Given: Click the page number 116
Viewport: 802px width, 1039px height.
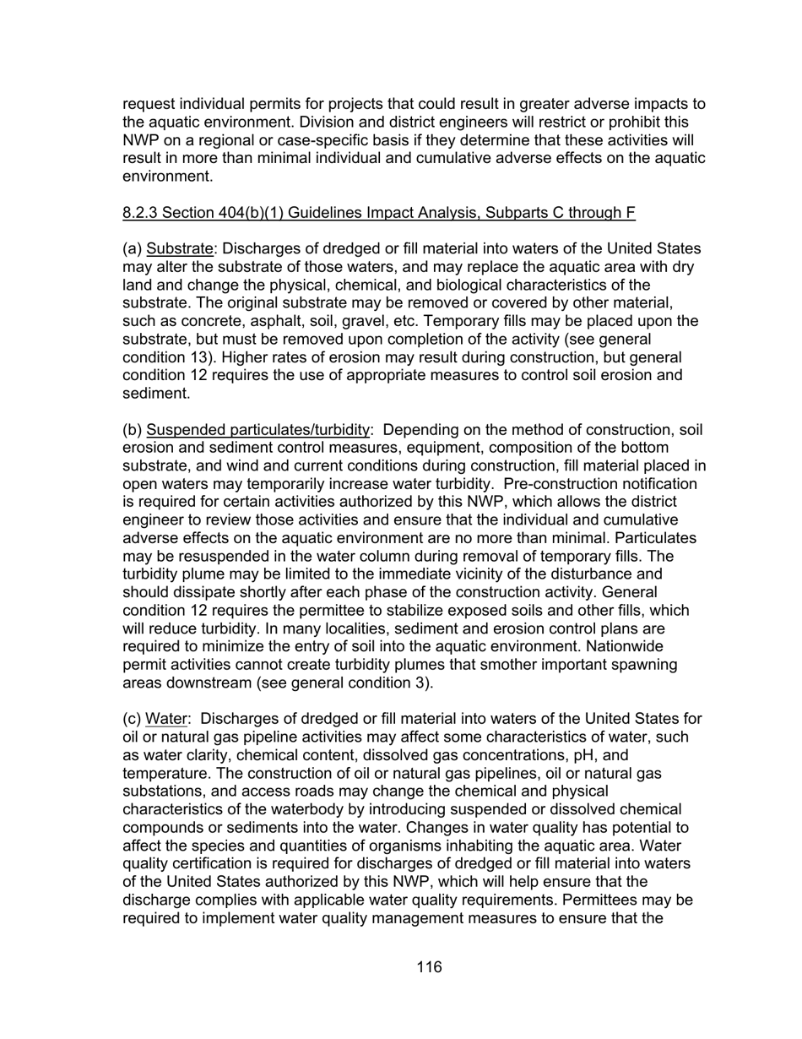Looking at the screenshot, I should (429, 967).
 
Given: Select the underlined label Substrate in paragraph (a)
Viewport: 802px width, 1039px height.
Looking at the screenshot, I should (179, 249).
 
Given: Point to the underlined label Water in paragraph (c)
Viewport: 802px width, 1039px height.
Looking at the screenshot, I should (165, 719).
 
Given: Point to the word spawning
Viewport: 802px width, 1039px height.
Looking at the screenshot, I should (638, 665).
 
